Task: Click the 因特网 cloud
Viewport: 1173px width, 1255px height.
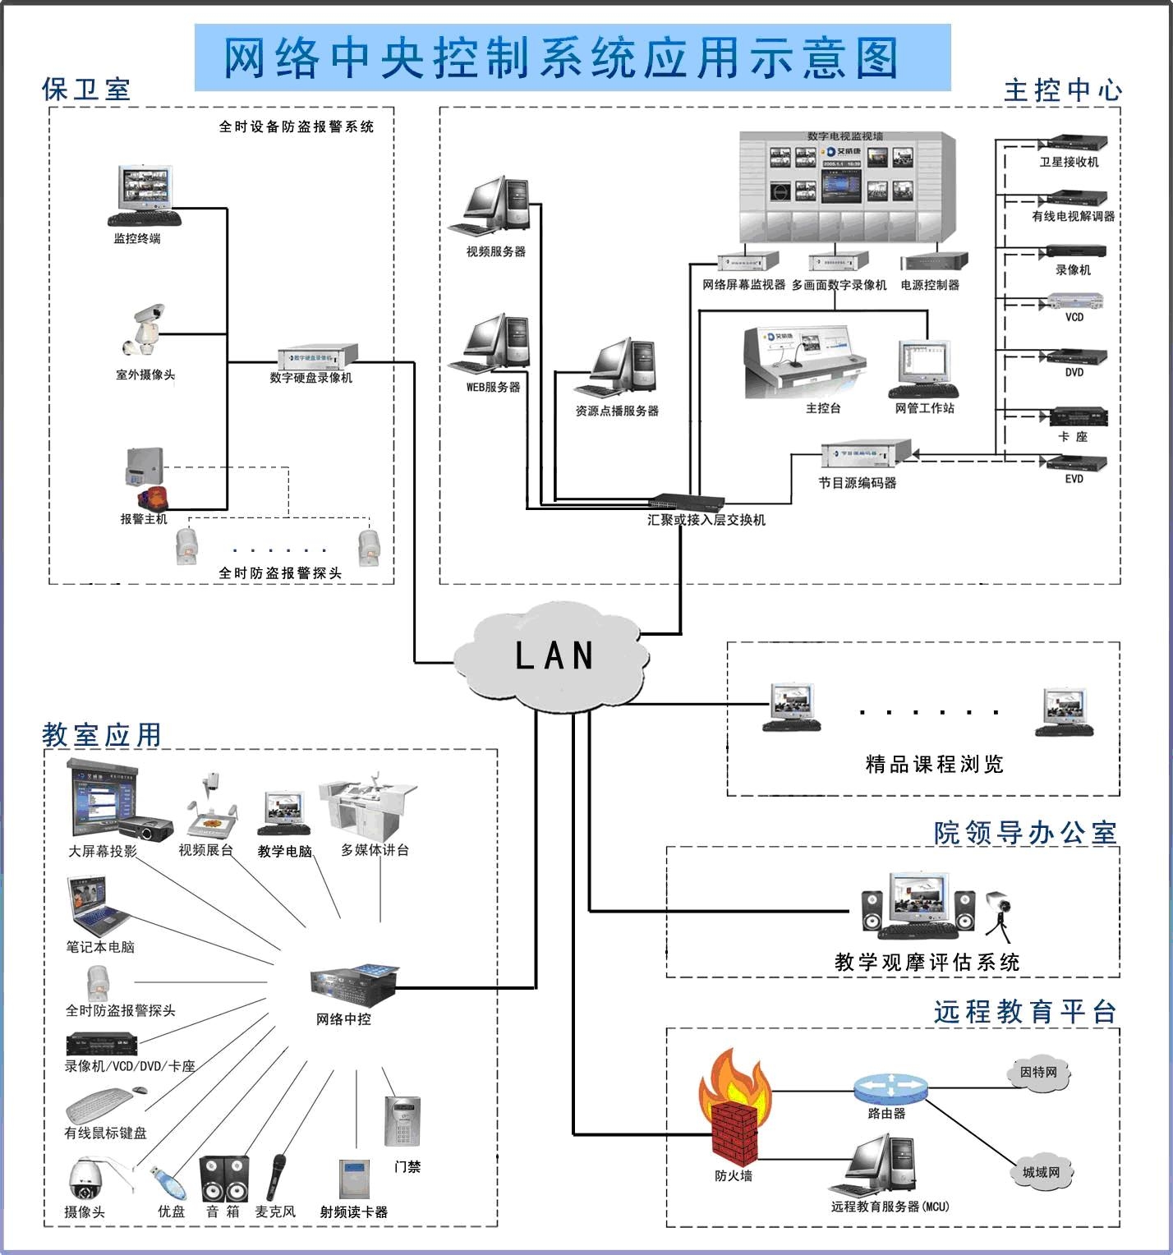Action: [x=1039, y=1073]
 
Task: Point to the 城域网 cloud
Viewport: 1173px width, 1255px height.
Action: [x=1041, y=1173]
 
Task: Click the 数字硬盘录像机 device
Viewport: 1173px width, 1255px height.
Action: [x=317, y=356]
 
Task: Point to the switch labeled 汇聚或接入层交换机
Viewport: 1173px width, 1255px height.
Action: [x=686, y=502]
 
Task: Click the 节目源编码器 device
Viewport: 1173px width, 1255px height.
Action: [x=865, y=453]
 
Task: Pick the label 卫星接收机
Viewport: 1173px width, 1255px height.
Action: [x=1069, y=163]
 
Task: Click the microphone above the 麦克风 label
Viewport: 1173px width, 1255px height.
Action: [x=277, y=1176]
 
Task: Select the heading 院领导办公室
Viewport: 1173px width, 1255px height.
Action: [x=1025, y=833]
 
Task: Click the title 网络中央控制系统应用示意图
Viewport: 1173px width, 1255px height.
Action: [x=562, y=57]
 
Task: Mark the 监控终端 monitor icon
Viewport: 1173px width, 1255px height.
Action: [x=145, y=195]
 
